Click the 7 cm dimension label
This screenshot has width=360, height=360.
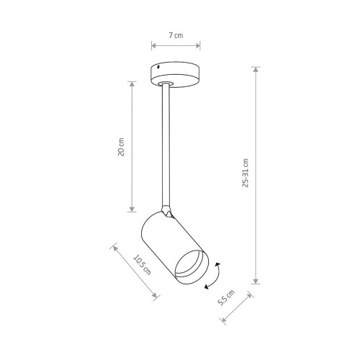click(x=176, y=35)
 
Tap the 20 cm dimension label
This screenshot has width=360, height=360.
click(x=121, y=147)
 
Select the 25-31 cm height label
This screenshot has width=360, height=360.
click(x=246, y=173)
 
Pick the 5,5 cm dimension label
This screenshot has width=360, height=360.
click(x=226, y=297)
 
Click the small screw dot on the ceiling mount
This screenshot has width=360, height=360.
click(x=158, y=67)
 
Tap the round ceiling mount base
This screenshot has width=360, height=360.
click(x=176, y=74)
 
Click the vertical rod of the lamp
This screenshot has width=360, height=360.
click(x=166, y=145)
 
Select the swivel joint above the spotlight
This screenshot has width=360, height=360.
click(x=167, y=211)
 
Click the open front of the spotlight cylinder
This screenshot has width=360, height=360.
click(x=192, y=266)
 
